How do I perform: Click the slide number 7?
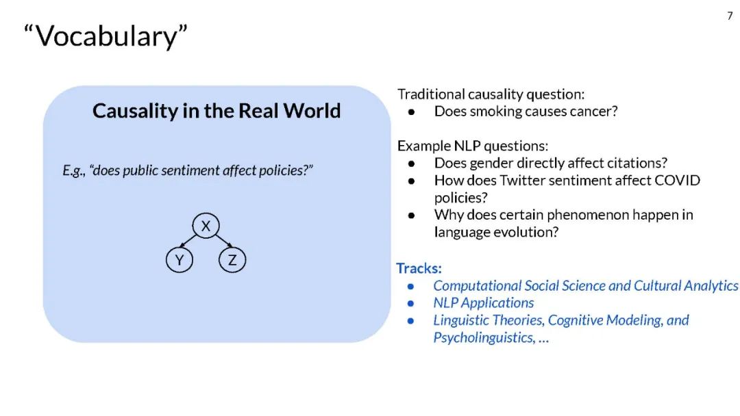coord(730,16)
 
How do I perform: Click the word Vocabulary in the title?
coord(106,37)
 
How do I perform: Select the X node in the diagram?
coord(206,226)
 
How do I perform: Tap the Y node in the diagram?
coord(180,259)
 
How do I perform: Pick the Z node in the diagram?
coord(232,259)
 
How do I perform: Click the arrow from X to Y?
coord(188,240)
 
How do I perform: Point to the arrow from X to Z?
coord(224,240)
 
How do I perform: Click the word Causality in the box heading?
coord(135,112)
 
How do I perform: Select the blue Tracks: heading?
coord(419,268)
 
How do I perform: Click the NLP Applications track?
coord(484,303)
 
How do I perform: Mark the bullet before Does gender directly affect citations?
coord(412,164)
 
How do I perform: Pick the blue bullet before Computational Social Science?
coord(410,287)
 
